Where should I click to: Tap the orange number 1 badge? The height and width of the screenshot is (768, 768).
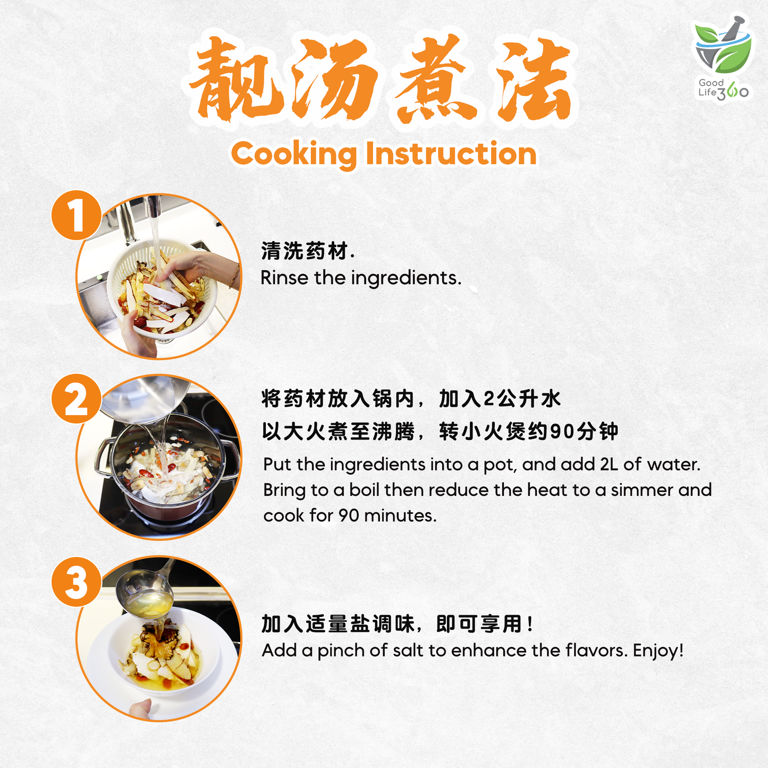coord(76,215)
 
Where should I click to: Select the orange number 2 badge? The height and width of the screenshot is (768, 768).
coord(76,399)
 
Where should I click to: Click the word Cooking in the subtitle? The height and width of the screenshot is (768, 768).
coord(294,154)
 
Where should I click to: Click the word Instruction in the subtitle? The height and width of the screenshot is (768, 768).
coord(451,154)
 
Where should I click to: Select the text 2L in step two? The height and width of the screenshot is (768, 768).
coord(609,465)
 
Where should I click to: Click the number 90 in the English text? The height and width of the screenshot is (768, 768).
coord(349,516)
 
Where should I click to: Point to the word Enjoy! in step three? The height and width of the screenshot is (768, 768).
coord(658,651)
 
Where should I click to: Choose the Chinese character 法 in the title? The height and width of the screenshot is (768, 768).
coord(534,80)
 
